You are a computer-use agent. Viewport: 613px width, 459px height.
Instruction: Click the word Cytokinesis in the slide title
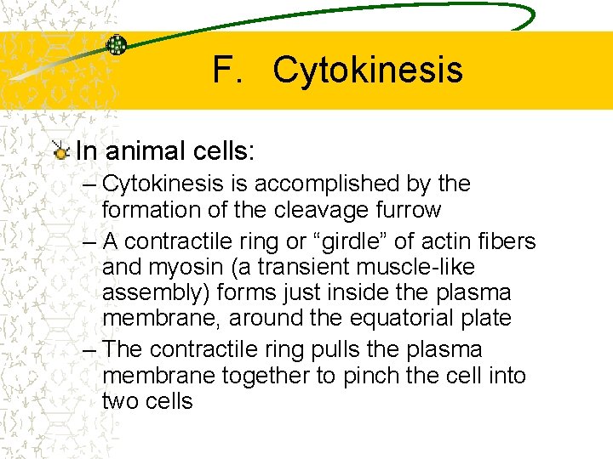367,71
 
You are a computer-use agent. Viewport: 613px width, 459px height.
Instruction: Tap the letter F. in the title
227,71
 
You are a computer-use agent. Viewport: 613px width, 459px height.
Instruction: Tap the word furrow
412,209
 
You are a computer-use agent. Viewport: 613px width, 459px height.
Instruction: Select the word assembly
152,293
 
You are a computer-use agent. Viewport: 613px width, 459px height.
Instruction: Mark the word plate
489,319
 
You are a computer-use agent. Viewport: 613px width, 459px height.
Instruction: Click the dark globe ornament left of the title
117,45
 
